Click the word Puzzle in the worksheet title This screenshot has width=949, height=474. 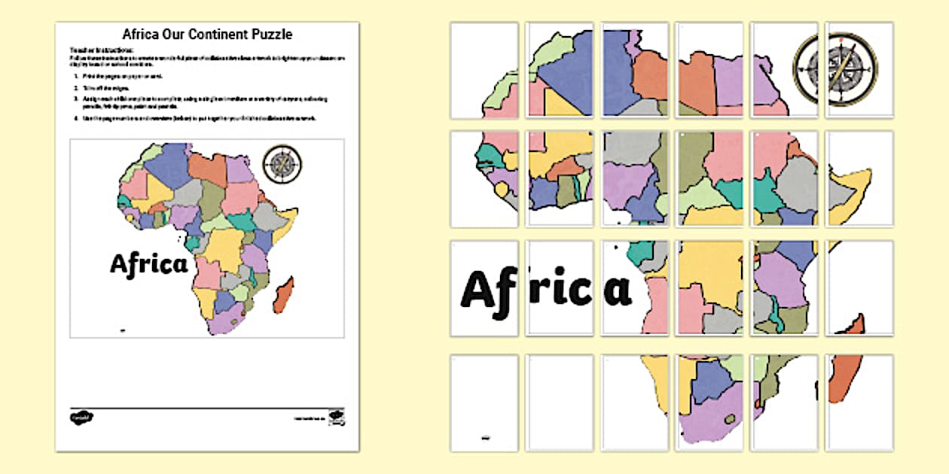271,34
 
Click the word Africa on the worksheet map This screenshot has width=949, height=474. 148,264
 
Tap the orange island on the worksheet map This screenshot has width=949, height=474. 283,296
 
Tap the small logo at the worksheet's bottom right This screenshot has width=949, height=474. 337,416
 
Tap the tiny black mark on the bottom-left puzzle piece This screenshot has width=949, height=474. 484,436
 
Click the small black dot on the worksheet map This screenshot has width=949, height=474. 122,329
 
